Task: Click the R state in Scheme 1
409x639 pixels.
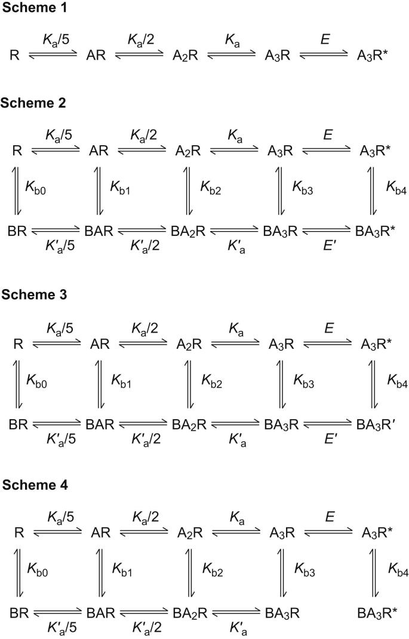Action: pyautogui.click(x=15, y=56)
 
